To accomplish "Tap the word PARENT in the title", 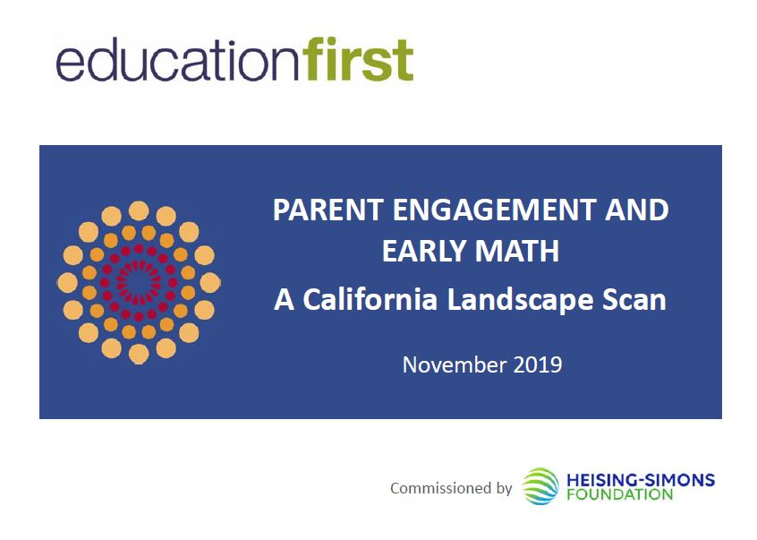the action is [x=328, y=210].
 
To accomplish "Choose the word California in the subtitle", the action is [x=370, y=299].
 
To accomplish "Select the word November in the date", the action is [x=455, y=364].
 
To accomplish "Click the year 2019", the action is [x=538, y=364].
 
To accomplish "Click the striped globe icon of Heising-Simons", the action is [x=540, y=486].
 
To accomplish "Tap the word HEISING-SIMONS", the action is [x=640, y=480].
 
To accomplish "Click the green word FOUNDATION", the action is [x=620, y=494].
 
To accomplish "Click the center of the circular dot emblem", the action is [x=139, y=283].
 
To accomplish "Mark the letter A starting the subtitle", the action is [x=284, y=299].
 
